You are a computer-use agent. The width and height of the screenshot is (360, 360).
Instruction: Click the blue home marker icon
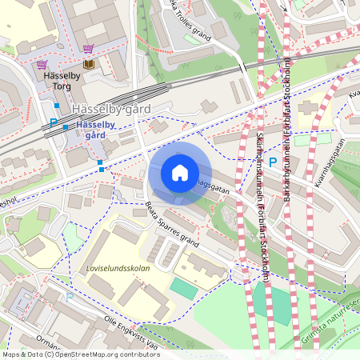(180, 173)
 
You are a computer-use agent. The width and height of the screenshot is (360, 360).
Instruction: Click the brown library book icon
(88, 63)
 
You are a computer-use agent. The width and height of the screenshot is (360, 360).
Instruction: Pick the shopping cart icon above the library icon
(87, 49)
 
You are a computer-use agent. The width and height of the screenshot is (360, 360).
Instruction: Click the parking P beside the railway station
(54, 123)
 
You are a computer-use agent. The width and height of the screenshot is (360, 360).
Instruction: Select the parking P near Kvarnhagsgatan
(272, 162)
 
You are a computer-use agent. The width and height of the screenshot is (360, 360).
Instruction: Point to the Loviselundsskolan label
(118, 269)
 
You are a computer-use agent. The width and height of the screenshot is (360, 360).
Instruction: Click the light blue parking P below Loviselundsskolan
(69, 297)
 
